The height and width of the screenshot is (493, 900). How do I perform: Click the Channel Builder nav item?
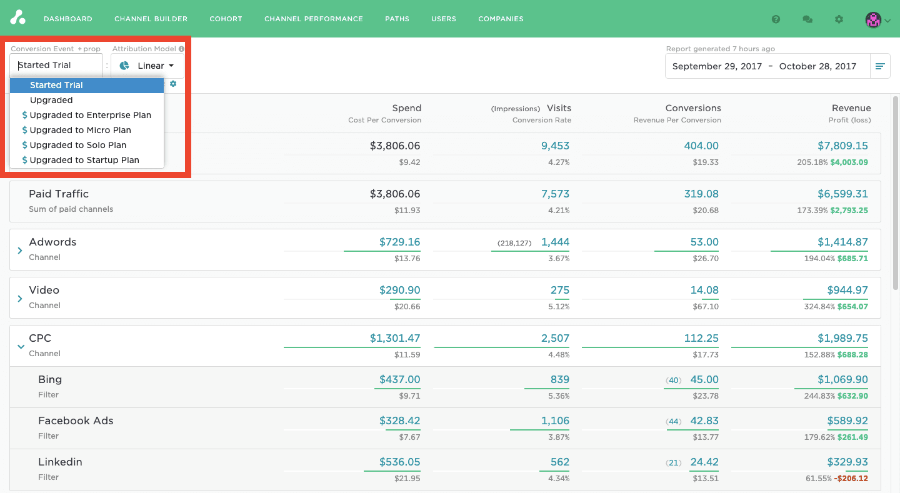coord(151,19)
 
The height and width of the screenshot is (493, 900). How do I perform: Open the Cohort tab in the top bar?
coord(226,19)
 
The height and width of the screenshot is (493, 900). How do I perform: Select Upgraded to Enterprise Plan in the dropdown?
coord(90,115)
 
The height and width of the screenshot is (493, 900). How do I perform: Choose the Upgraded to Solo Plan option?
coord(78,145)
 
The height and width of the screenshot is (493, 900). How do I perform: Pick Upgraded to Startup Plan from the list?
coord(84,160)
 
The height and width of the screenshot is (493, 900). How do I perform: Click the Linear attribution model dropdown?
coord(147,66)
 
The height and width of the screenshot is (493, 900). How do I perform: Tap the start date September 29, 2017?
coord(717,66)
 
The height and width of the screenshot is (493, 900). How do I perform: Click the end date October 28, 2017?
coord(817,66)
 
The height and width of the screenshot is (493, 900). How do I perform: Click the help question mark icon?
coord(776,19)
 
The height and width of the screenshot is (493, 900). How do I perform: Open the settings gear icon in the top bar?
coord(839,19)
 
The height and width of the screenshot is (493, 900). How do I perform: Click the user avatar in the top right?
coord(873,19)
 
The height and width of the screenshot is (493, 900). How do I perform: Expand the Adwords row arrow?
coord(20,250)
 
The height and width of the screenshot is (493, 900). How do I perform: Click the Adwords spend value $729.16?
coord(399,242)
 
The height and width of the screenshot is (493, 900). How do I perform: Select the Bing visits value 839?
coord(559,379)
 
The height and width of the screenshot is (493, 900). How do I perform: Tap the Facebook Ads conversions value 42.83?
coord(704,421)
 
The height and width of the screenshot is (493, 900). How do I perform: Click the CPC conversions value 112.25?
coord(701,338)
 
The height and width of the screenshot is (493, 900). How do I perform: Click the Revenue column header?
coord(851,108)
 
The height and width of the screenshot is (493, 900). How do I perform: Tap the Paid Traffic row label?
coord(59,194)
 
